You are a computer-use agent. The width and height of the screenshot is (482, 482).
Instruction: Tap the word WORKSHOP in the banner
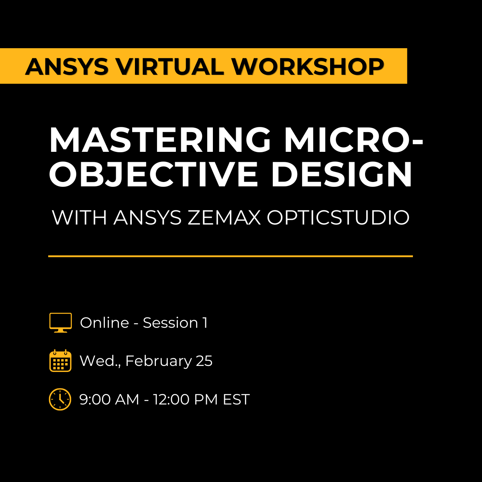pos(308,67)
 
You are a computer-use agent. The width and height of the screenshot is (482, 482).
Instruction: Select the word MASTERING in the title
pos(160,140)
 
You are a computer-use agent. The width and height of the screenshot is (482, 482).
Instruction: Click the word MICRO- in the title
pos(353,140)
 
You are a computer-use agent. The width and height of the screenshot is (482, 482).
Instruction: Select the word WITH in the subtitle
pos(80,218)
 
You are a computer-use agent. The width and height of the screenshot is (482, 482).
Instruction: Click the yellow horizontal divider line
pos(230,256)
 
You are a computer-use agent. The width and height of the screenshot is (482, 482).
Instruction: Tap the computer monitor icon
pos(61,323)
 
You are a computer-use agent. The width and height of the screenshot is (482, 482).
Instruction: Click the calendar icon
pos(61,361)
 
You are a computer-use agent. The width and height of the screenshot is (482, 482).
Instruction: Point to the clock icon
pos(60,399)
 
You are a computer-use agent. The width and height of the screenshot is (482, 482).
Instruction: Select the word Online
pos(104,323)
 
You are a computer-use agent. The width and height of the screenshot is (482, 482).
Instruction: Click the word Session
pos(170,323)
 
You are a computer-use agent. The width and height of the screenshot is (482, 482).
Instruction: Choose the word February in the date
pos(159,361)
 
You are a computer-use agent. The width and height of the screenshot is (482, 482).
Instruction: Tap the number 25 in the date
pos(204,361)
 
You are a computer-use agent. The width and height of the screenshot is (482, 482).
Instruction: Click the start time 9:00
pos(95,399)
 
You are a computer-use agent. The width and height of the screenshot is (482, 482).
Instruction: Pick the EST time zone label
pos(237,399)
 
